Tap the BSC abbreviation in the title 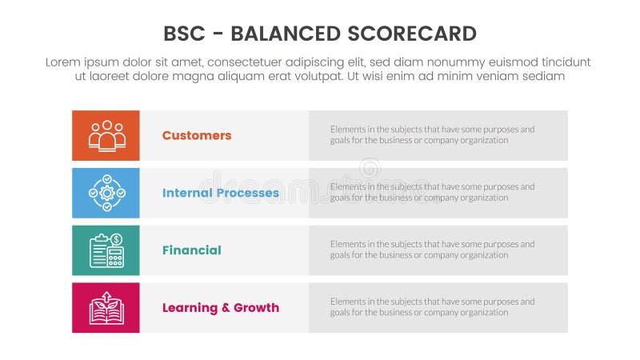click(x=183, y=33)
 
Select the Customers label click(x=196, y=135)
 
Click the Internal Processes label click(x=220, y=193)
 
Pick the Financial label click(x=191, y=250)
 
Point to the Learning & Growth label click(x=220, y=308)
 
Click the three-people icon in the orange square click(x=106, y=135)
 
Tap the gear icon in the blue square click(x=106, y=192)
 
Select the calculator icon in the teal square click(x=106, y=251)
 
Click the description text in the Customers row click(x=432, y=134)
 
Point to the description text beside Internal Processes click(x=432, y=192)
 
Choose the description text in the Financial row click(x=432, y=250)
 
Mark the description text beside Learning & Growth click(x=432, y=307)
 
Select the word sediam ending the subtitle click(x=545, y=77)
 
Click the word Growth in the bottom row click(x=255, y=308)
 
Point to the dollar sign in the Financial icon click(x=117, y=239)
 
